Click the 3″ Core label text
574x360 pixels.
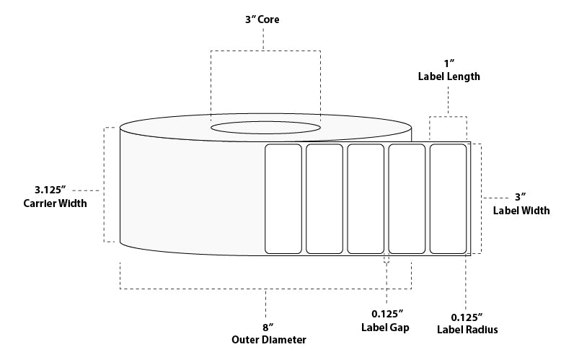pyautogui.click(x=264, y=20)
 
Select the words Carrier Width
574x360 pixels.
pyautogui.click(x=55, y=203)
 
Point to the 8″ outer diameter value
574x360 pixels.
pyautogui.click(x=267, y=326)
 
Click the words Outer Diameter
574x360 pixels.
pyautogui.click(x=267, y=339)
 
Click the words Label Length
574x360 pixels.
pyautogui.click(x=448, y=76)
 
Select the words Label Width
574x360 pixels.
pyautogui.click(x=521, y=211)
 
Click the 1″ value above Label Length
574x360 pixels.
pyautogui.click(x=448, y=62)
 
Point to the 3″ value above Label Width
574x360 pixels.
pyautogui.click(x=521, y=197)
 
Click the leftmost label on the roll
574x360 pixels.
pyautogui.click(x=283, y=199)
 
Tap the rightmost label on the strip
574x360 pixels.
pyautogui.click(x=449, y=199)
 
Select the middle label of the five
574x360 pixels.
pyautogui.click(x=366, y=199)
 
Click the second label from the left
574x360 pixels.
pyautogui.click(x=324, y=199)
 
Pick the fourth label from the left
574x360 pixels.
pyautogui.click(x=407, y=199)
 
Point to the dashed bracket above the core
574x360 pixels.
pyautogui.click(x=265, y=51)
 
